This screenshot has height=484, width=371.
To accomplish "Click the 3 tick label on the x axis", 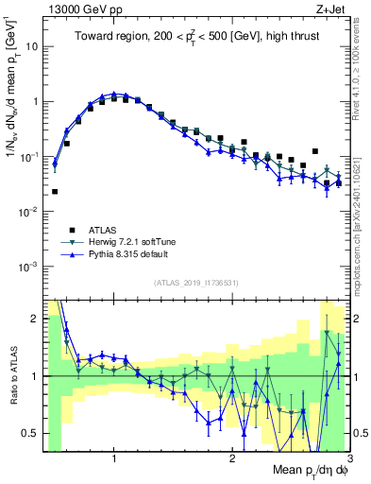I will coord(348,458).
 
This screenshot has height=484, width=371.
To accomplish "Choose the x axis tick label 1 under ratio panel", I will coord(114,458).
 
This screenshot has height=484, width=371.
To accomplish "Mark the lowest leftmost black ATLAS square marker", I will coord(55,191).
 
